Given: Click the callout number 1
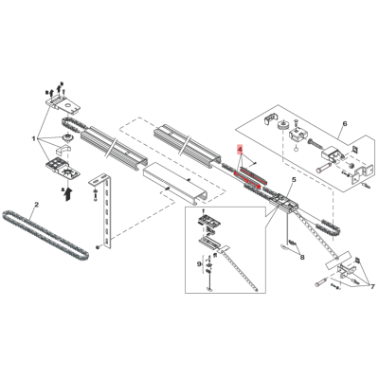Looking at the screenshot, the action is [x=34, y=138].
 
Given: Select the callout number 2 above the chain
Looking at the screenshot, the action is [x=36, y=205].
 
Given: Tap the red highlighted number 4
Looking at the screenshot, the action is [x=240, y=149].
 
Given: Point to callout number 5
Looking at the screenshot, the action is [x=294, y=180].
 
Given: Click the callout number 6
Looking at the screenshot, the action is [x=345, y=123].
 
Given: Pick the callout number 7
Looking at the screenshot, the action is [x=372, y=286].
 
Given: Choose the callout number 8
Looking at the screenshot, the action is [x=302, y=258].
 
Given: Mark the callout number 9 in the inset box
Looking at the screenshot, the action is [x=199, y=262].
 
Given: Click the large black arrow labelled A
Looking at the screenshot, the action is [x=67, y=193].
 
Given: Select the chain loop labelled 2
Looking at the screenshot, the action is [x=45, y=234].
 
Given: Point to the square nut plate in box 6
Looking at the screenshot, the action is [x=354, y=149].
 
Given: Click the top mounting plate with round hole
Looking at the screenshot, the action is [x=63, y=103].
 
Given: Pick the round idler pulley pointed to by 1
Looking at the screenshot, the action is [x=68, y=138].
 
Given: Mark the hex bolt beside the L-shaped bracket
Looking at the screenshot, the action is [x=95, y=195].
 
